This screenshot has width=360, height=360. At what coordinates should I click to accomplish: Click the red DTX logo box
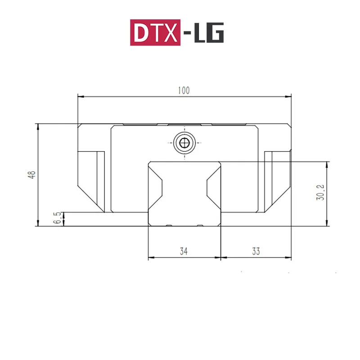pos(155,32)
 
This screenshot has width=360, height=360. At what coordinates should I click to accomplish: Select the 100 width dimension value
pos(184,90)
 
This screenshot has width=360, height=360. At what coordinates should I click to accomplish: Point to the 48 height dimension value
pos(31,175)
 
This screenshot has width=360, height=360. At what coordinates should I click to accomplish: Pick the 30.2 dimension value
pos(320,193)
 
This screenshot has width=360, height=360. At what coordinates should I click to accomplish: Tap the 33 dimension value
pos(256,252)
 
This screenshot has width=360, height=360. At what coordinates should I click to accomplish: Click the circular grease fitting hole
pos(184,143)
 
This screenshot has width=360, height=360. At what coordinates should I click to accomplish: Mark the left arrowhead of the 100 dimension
pos(81,96)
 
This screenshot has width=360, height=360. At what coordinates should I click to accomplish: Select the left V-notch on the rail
pos(158,188)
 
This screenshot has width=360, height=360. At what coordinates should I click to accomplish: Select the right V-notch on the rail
pos(210,188)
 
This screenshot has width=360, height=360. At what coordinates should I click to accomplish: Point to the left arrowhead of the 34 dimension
pos(151,258)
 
